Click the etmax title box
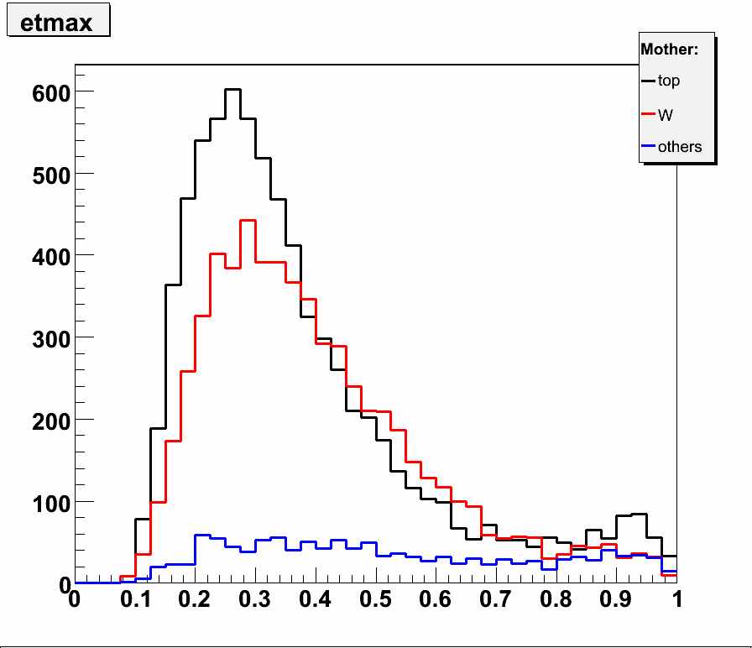57,23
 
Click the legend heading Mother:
669,50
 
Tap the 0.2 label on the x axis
195,600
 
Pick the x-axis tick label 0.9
616,600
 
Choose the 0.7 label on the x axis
496,600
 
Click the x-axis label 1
676,600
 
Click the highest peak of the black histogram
232,89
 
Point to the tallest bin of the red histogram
248,221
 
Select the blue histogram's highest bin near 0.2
202,535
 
